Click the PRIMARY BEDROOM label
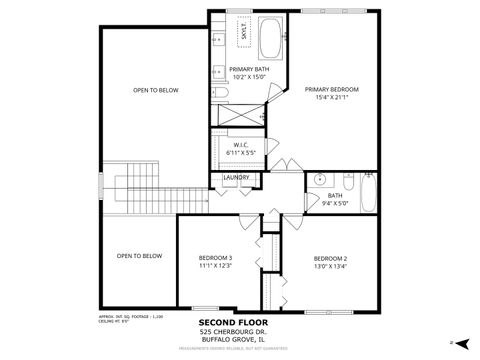[x=331, y=89]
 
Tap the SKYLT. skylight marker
[x=242, y=32]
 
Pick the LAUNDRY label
[x=236, y=177]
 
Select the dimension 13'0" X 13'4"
[x=329, y=266]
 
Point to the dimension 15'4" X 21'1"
[x=331, y=98]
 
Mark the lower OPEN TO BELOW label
[x=139, y=256]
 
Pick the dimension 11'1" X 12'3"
[x=215, y=266]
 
